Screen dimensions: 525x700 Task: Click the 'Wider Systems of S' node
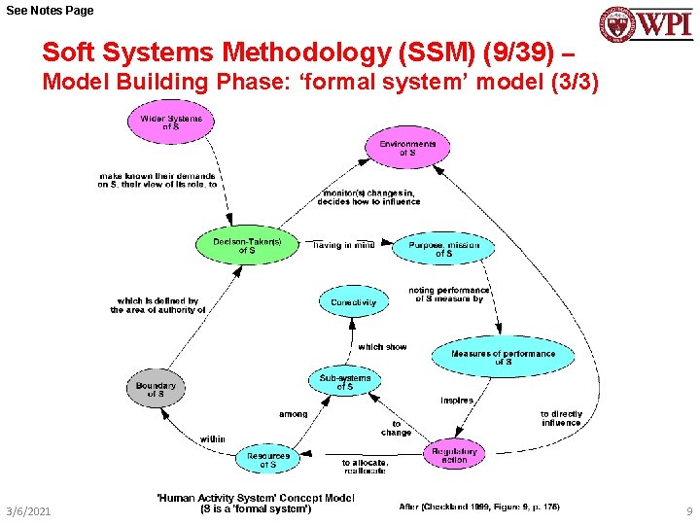click(171, 122)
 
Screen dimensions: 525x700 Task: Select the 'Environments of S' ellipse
click(407, 148)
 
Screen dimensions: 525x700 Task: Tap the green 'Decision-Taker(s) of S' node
click(247, 245)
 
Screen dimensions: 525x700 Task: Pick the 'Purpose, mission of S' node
click(443, 249)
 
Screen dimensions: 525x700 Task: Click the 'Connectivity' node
click(353, 302)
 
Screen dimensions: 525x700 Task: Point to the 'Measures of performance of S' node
click(503, 357)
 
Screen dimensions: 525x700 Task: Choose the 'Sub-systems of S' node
click(345, 381)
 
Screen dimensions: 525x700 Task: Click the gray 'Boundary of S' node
click(156, 389)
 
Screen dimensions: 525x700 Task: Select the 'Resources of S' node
click(267, 460)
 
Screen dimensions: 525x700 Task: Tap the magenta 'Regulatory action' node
click(454, 455)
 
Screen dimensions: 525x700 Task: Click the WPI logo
click(645, 23)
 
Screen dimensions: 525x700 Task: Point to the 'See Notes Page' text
click(50, 10)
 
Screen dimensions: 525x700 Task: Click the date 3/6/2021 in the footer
click(28, 510)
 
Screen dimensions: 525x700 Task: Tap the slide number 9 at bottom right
click(688, 510)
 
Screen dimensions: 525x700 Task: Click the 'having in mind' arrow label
click(343, 245)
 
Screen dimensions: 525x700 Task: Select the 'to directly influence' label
click(561, 418)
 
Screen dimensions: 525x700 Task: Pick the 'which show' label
click(382, 346)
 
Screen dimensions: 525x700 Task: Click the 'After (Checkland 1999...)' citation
click(478, 507)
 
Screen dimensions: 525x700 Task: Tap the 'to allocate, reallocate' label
click(365, 466)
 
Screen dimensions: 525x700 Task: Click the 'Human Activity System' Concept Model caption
click(256, 503)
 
